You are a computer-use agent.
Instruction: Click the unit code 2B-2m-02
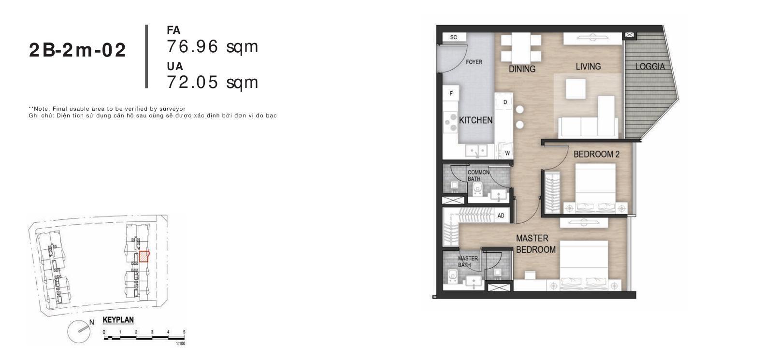tap(77, 50)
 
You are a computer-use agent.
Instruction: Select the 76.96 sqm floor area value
tap(213, 47)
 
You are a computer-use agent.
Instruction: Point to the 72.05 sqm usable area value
tap(213, 83)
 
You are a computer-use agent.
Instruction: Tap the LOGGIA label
tap(650, 66)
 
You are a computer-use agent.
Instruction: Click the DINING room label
tap(522, 69)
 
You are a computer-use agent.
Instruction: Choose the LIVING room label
tap(588, 66)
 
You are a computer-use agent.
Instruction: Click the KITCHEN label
tap(475, 120)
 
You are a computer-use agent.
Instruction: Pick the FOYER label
tap(474, 62)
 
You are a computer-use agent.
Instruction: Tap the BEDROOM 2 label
tap(596, 154)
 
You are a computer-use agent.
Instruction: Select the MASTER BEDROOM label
tap(535, 244)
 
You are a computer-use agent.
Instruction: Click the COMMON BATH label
tap(478, 175)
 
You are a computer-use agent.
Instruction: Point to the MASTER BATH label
tap(468, 261)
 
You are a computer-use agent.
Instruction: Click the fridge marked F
tap(451, 93)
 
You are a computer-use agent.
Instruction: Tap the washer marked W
tap(507, 153)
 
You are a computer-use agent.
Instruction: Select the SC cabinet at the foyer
tap(454, 37)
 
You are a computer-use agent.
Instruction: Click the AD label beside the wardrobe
tap(501, 216)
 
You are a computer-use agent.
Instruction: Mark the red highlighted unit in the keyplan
tap(144, 257)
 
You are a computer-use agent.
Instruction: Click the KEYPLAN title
tap(118, 320)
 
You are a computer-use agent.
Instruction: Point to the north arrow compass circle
tap(79, 331)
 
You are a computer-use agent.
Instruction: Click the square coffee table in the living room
tap(576, 89)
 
